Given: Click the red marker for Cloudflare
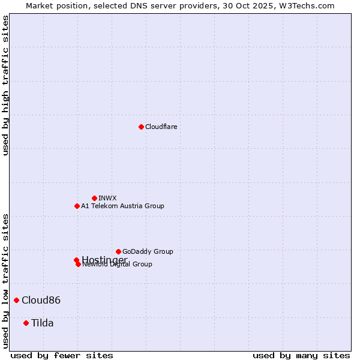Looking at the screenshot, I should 141,127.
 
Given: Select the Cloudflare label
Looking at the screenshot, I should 161,127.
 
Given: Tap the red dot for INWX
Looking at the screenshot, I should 94,198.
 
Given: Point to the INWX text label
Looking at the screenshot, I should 107,198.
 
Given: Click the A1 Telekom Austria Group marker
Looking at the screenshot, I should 77,206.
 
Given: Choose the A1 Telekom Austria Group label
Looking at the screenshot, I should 122,206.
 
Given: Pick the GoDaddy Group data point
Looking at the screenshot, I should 118,251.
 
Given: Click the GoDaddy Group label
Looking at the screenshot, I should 148,251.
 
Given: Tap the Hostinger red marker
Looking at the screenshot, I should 76,260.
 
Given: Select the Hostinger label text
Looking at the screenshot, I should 104,259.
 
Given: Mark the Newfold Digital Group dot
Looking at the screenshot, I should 78,264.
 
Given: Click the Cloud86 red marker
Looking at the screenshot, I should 16,300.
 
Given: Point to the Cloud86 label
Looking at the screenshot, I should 41,300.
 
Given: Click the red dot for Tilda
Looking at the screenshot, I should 26,323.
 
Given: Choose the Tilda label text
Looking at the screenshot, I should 42,323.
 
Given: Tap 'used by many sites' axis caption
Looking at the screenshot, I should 301,356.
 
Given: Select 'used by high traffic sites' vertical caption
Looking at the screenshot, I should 5,85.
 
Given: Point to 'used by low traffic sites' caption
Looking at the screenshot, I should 5,280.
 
